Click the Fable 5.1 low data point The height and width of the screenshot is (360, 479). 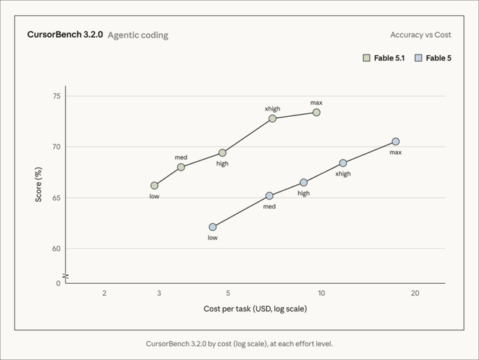155,186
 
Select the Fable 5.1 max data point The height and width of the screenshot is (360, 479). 316,112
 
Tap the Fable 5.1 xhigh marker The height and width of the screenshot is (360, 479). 272,118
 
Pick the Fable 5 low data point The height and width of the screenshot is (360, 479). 213,226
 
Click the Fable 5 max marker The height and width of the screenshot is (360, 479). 396,142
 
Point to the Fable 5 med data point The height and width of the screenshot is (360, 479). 269,195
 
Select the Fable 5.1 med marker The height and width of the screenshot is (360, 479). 181,167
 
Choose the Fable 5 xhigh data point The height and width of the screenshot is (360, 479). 343,163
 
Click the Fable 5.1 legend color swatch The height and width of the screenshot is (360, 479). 367,58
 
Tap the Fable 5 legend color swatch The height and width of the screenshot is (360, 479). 418,58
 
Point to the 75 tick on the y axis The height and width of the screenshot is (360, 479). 57,97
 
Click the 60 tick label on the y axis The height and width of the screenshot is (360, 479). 57,248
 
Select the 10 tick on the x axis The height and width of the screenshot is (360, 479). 322,293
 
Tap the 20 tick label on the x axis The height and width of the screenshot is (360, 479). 415,293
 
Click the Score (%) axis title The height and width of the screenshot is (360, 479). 38,184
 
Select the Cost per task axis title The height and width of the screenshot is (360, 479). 255,308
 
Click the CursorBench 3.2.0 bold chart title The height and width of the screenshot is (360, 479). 65,35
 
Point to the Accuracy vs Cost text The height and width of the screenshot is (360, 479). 421,35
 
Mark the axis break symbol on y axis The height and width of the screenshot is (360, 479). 65,277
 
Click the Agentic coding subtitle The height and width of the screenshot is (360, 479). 138,36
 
